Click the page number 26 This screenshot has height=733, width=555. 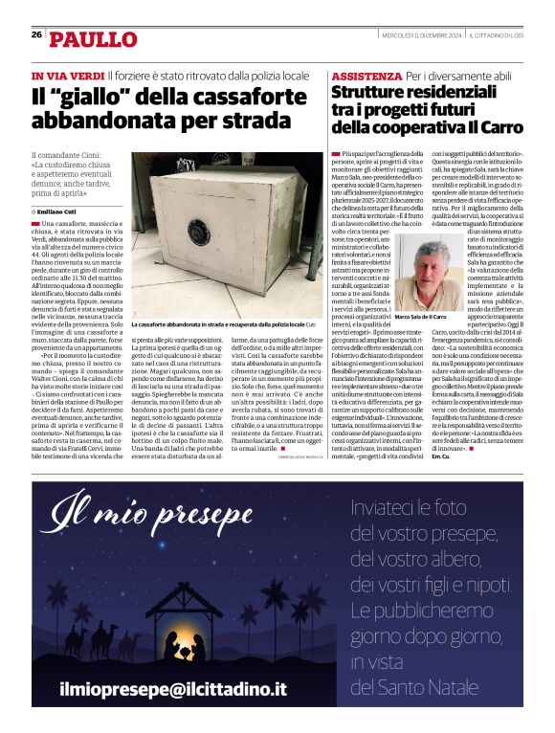coord(36,34)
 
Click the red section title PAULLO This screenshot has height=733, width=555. coord(93,39)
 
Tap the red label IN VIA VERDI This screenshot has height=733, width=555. coord(67,75)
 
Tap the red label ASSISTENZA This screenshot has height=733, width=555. coord(366,76)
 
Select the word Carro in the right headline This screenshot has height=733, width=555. coord(496,126)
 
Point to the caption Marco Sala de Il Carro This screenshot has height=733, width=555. coord(420,316)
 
